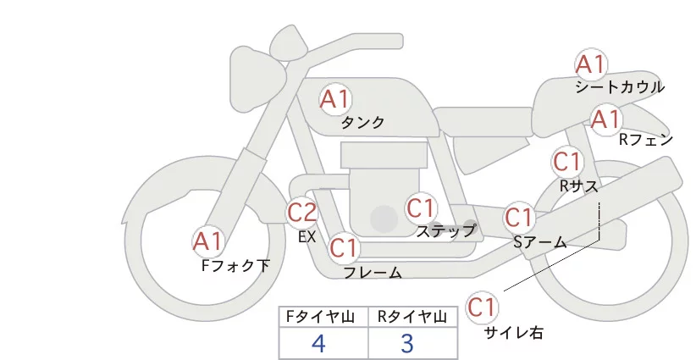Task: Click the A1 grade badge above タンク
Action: click(335, 100)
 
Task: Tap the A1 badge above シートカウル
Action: click(590, 64)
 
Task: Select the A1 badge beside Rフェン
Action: click(605, 119)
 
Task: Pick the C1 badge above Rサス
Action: click(566, 161)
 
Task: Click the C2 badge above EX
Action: click(302, 212)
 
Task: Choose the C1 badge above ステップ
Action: click(421, 208)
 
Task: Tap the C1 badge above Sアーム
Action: click(518, 218)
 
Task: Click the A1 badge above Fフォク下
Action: click(207, 242)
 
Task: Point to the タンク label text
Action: click(362, 123)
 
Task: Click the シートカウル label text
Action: click(620, 87)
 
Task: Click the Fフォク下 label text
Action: click(235, 266)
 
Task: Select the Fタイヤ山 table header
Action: click(323, 316)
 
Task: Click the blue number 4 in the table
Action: click(318, 344)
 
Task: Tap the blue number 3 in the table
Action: click(407, 344)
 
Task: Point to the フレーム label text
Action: click(373, 273)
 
